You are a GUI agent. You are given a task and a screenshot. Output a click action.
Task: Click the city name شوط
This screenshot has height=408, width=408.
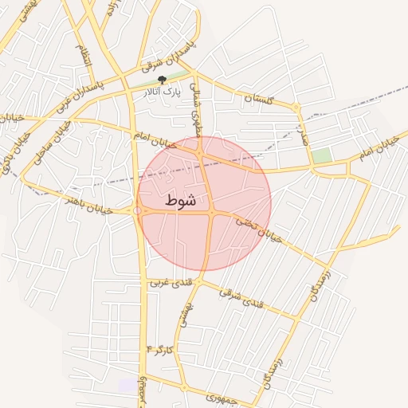click(x=181, y=201)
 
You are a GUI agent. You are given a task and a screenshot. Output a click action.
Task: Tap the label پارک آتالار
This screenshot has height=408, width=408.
click(x=160, y=92)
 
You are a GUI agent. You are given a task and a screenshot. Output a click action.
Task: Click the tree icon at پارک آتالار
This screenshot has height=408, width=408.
click(x=163, y=80)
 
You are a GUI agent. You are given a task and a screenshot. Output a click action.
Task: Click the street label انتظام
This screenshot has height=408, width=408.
click(x=82, y=56)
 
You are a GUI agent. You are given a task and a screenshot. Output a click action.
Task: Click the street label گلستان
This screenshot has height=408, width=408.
click(x=259, y=99)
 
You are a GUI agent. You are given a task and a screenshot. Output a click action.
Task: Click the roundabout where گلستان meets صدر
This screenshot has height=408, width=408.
click(x=296, y=107)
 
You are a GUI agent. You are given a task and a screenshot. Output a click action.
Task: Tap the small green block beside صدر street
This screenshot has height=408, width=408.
click(x=321, y=155)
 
